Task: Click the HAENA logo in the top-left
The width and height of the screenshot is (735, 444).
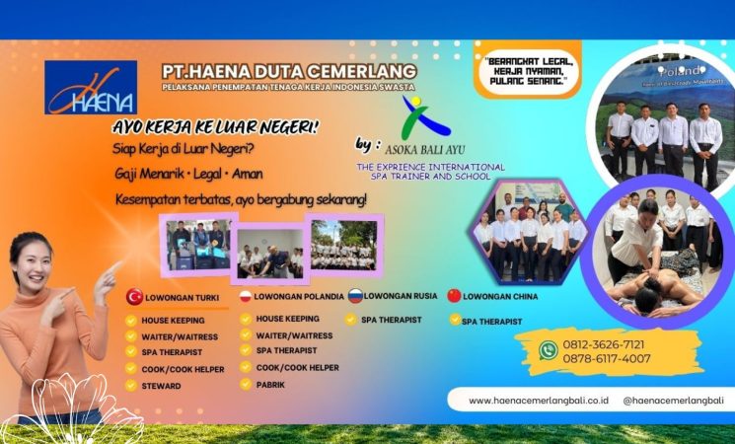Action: coord(91,87)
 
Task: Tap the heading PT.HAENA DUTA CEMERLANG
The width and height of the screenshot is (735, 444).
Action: coord(290,71)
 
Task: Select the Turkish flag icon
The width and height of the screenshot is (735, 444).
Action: coord(134,296)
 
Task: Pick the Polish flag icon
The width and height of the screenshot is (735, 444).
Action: coord(245,296)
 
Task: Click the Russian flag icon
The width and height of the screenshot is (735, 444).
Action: coord(354,296)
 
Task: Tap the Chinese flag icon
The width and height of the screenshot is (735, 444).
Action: coord(454,296)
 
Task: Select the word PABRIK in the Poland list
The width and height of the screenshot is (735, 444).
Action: coord(270,384)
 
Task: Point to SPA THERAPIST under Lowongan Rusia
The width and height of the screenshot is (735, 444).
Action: coord(392,320)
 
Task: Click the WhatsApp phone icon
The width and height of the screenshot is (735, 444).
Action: coord(549,349)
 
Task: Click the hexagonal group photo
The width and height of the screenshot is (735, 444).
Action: coord(529,233)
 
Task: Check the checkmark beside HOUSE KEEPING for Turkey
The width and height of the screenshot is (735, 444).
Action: coord(131,320)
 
